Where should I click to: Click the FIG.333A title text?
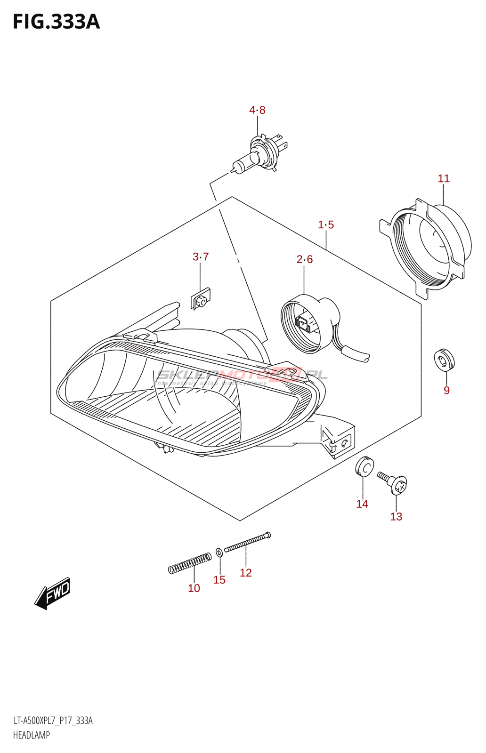(x=56, y=22)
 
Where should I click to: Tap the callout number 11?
(x=444, y=179)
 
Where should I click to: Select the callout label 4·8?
(x=257, y=110)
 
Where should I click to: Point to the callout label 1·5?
(x=326, y=225)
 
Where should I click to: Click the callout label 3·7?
(x=201, y=257)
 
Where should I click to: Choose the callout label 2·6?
(x=305, y=259)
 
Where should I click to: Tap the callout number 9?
(x=446, y=391)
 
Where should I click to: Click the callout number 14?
(x=362, y=505)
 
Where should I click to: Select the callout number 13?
(x=396, y=517)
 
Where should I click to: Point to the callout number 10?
(x=194, y=588)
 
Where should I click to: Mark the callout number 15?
(x=219, y=580)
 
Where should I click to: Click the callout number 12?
(x=246, y=573)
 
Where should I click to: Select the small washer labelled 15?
(x=219, y=552)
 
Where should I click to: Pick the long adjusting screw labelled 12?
(x=248, y=542)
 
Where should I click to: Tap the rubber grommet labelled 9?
(x=444, y=360)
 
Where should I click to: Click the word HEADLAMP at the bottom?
(x=32, y=735)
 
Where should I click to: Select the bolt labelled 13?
(x=394, y=482)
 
